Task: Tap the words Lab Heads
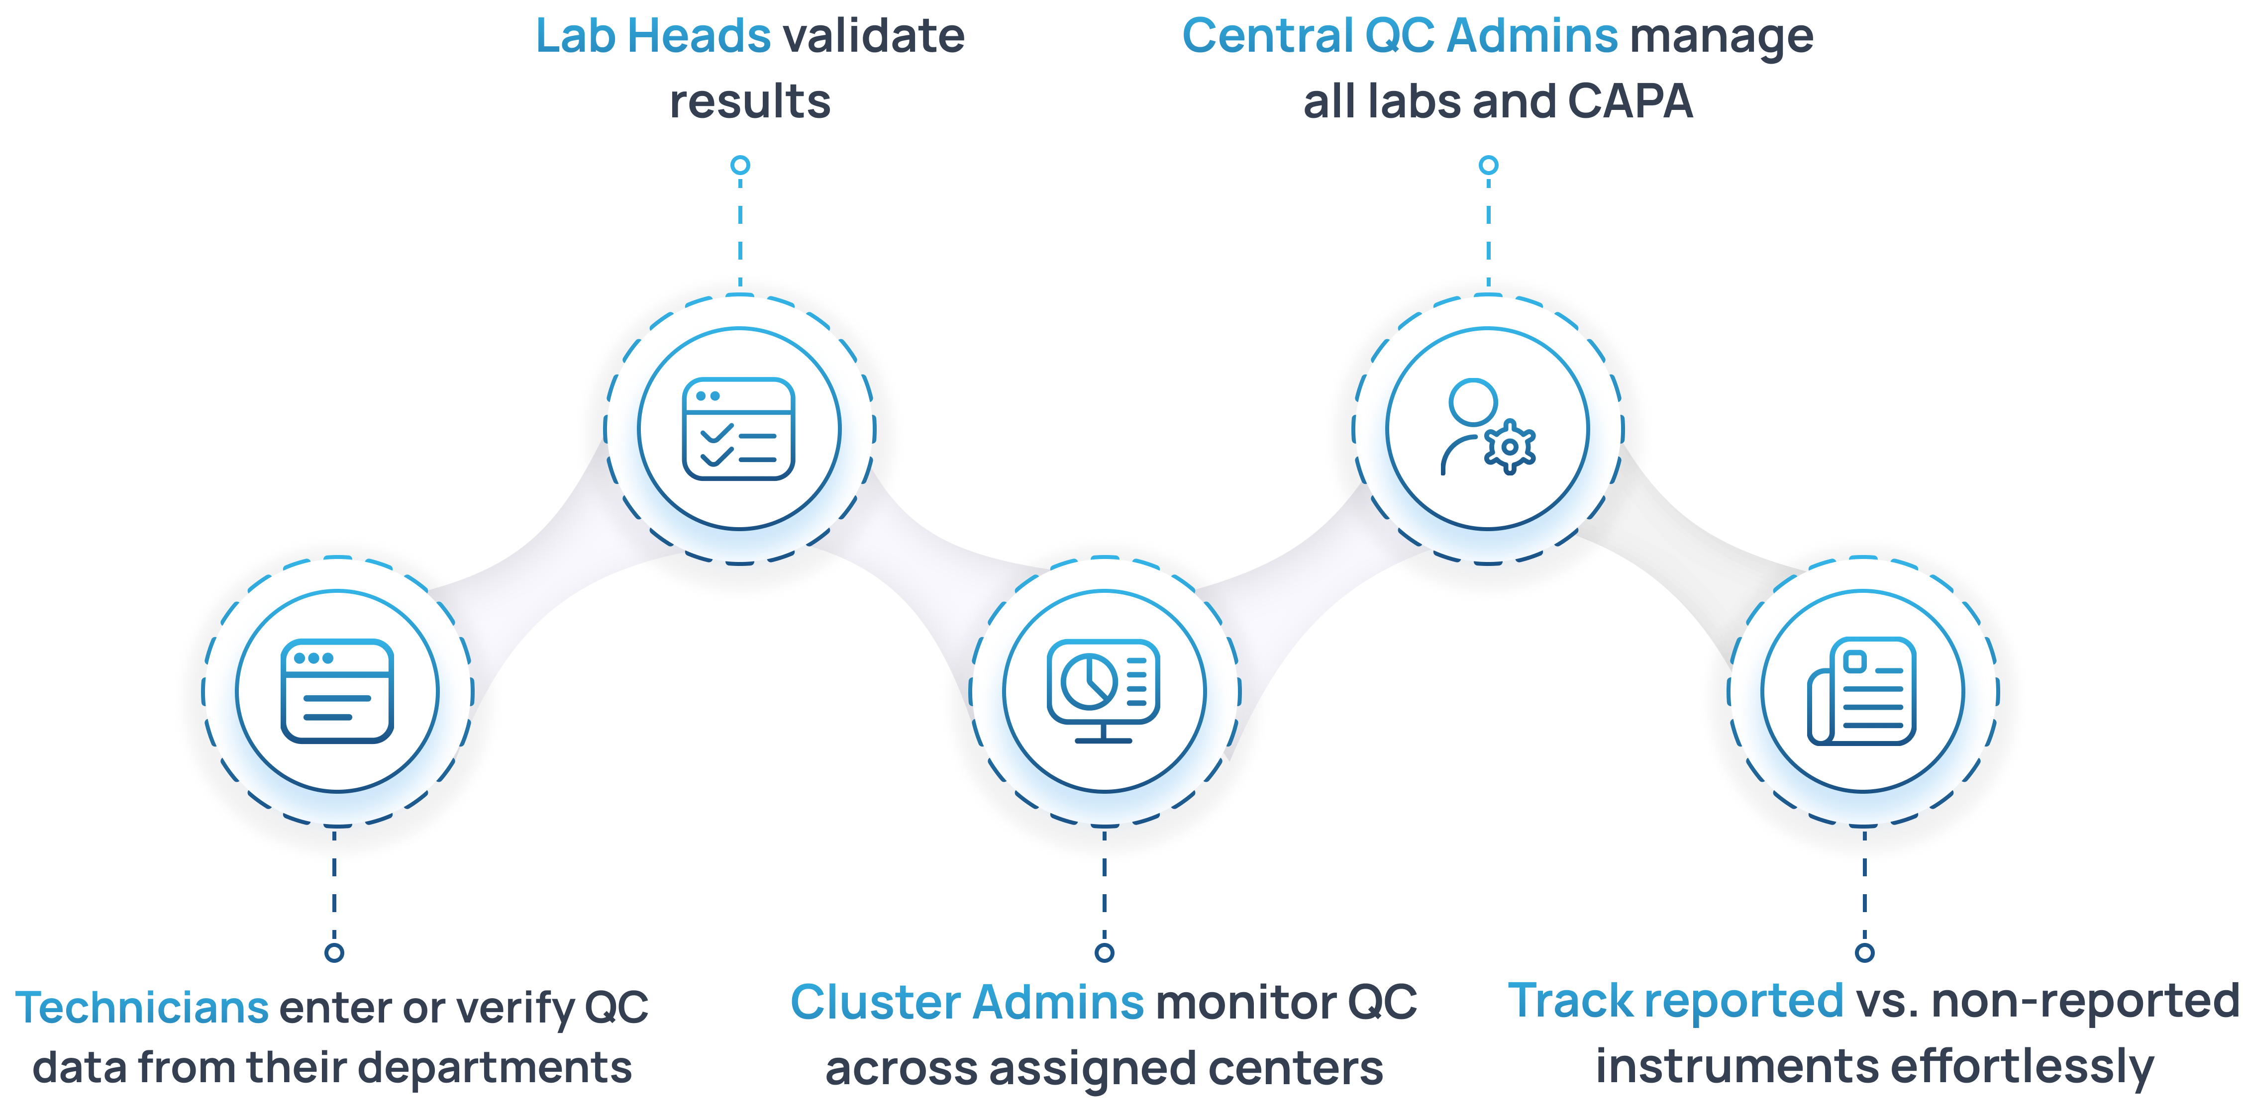[x=653, y=37]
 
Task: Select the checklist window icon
[x=738, y=428]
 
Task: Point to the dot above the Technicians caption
[x=334, y=952]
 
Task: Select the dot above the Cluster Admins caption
[x=1104, y=952]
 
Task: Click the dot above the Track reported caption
[x=1864, y=952]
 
